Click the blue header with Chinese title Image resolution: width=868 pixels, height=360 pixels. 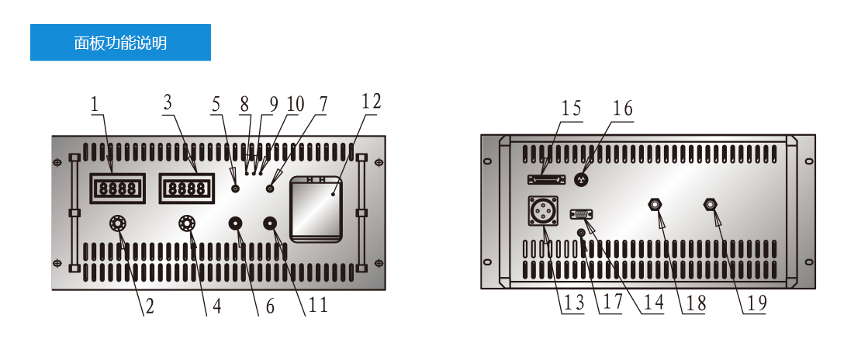click(x=120, y=42)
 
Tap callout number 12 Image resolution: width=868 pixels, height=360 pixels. click(x=372, y=102)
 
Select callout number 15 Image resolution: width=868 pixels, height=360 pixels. click(x=571, y=109)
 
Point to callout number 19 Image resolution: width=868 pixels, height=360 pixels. click(x=757, y=303)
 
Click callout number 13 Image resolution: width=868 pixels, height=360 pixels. click(x=574, y=303)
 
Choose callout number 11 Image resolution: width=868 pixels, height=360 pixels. click(x=318, y=305)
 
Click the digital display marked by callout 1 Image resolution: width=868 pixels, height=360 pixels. click(x=117, y=189)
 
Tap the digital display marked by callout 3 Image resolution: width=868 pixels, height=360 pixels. click(x=186, y=189)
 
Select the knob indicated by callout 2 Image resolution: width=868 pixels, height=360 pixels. click(x=118, y=223)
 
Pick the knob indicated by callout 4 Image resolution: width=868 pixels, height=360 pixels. click(x=187, y=223)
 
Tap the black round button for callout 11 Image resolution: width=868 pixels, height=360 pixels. click(x=271, y=223)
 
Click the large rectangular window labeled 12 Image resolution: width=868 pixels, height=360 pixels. click(x=316, y=209)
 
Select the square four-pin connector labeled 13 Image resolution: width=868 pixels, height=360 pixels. click(x=543, y=210)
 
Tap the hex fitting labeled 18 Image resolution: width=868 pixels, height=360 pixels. click(x=655, y=204)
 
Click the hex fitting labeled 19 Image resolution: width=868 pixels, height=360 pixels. click(x=711, y=204)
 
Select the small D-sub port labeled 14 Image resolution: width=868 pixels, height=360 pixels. click(x=581, y=213)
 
